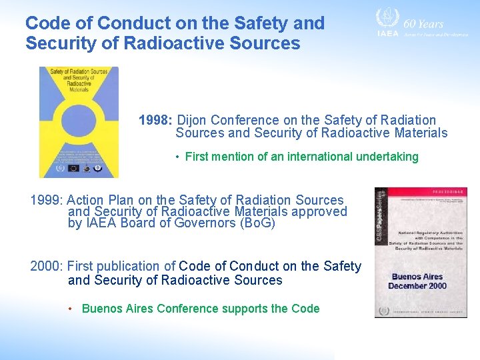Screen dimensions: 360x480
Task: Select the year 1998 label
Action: coord(155,121)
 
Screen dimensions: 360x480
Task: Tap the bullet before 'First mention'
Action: coord(178,157)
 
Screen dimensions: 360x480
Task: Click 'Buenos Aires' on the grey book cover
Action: coord(417,276)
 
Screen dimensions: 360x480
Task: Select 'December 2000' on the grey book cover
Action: coord(417,286)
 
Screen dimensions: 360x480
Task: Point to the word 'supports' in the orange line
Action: coord(246,309)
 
